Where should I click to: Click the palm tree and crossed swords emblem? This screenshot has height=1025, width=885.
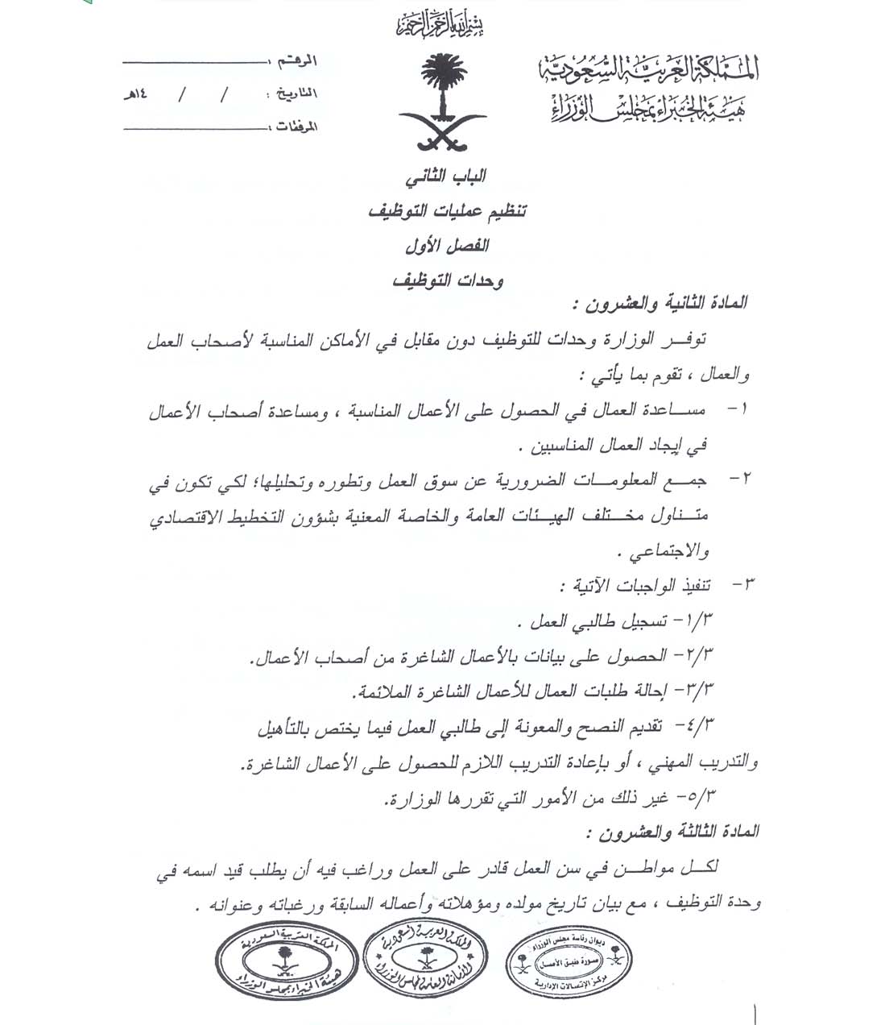coord(442,101)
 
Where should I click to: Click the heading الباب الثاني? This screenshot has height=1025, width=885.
coord(446,176)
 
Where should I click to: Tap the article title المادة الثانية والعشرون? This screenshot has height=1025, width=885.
coord(660,305)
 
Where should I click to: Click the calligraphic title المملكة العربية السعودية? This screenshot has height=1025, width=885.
coord(648,72)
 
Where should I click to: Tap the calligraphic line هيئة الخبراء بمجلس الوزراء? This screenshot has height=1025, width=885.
coord(648,107)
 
